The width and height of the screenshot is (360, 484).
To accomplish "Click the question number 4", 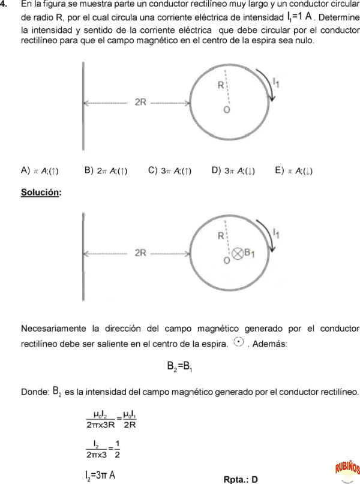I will click(4, 5).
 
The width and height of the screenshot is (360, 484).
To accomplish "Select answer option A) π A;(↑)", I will click(40, 171).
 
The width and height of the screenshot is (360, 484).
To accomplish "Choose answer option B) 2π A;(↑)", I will click(106, 171).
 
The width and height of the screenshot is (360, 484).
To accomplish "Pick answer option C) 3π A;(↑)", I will click(170, 171).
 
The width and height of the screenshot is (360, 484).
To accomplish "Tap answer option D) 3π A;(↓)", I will click(233, 171).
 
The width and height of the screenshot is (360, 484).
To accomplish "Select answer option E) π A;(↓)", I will click(293, 171).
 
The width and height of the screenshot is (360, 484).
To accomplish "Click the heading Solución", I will click(41, 193).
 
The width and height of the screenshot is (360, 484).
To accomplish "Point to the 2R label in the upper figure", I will click(140, 102).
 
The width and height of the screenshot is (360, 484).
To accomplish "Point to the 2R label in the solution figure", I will click(140, 252).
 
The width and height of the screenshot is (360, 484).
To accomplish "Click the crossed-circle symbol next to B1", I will click(238, 253).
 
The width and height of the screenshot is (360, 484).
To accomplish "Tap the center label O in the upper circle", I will click(226, 111).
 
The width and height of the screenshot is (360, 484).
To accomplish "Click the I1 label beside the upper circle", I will click(275, 82).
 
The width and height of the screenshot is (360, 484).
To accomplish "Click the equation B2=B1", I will click(179, 366).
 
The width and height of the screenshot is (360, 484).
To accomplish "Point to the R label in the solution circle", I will click(221, 236).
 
